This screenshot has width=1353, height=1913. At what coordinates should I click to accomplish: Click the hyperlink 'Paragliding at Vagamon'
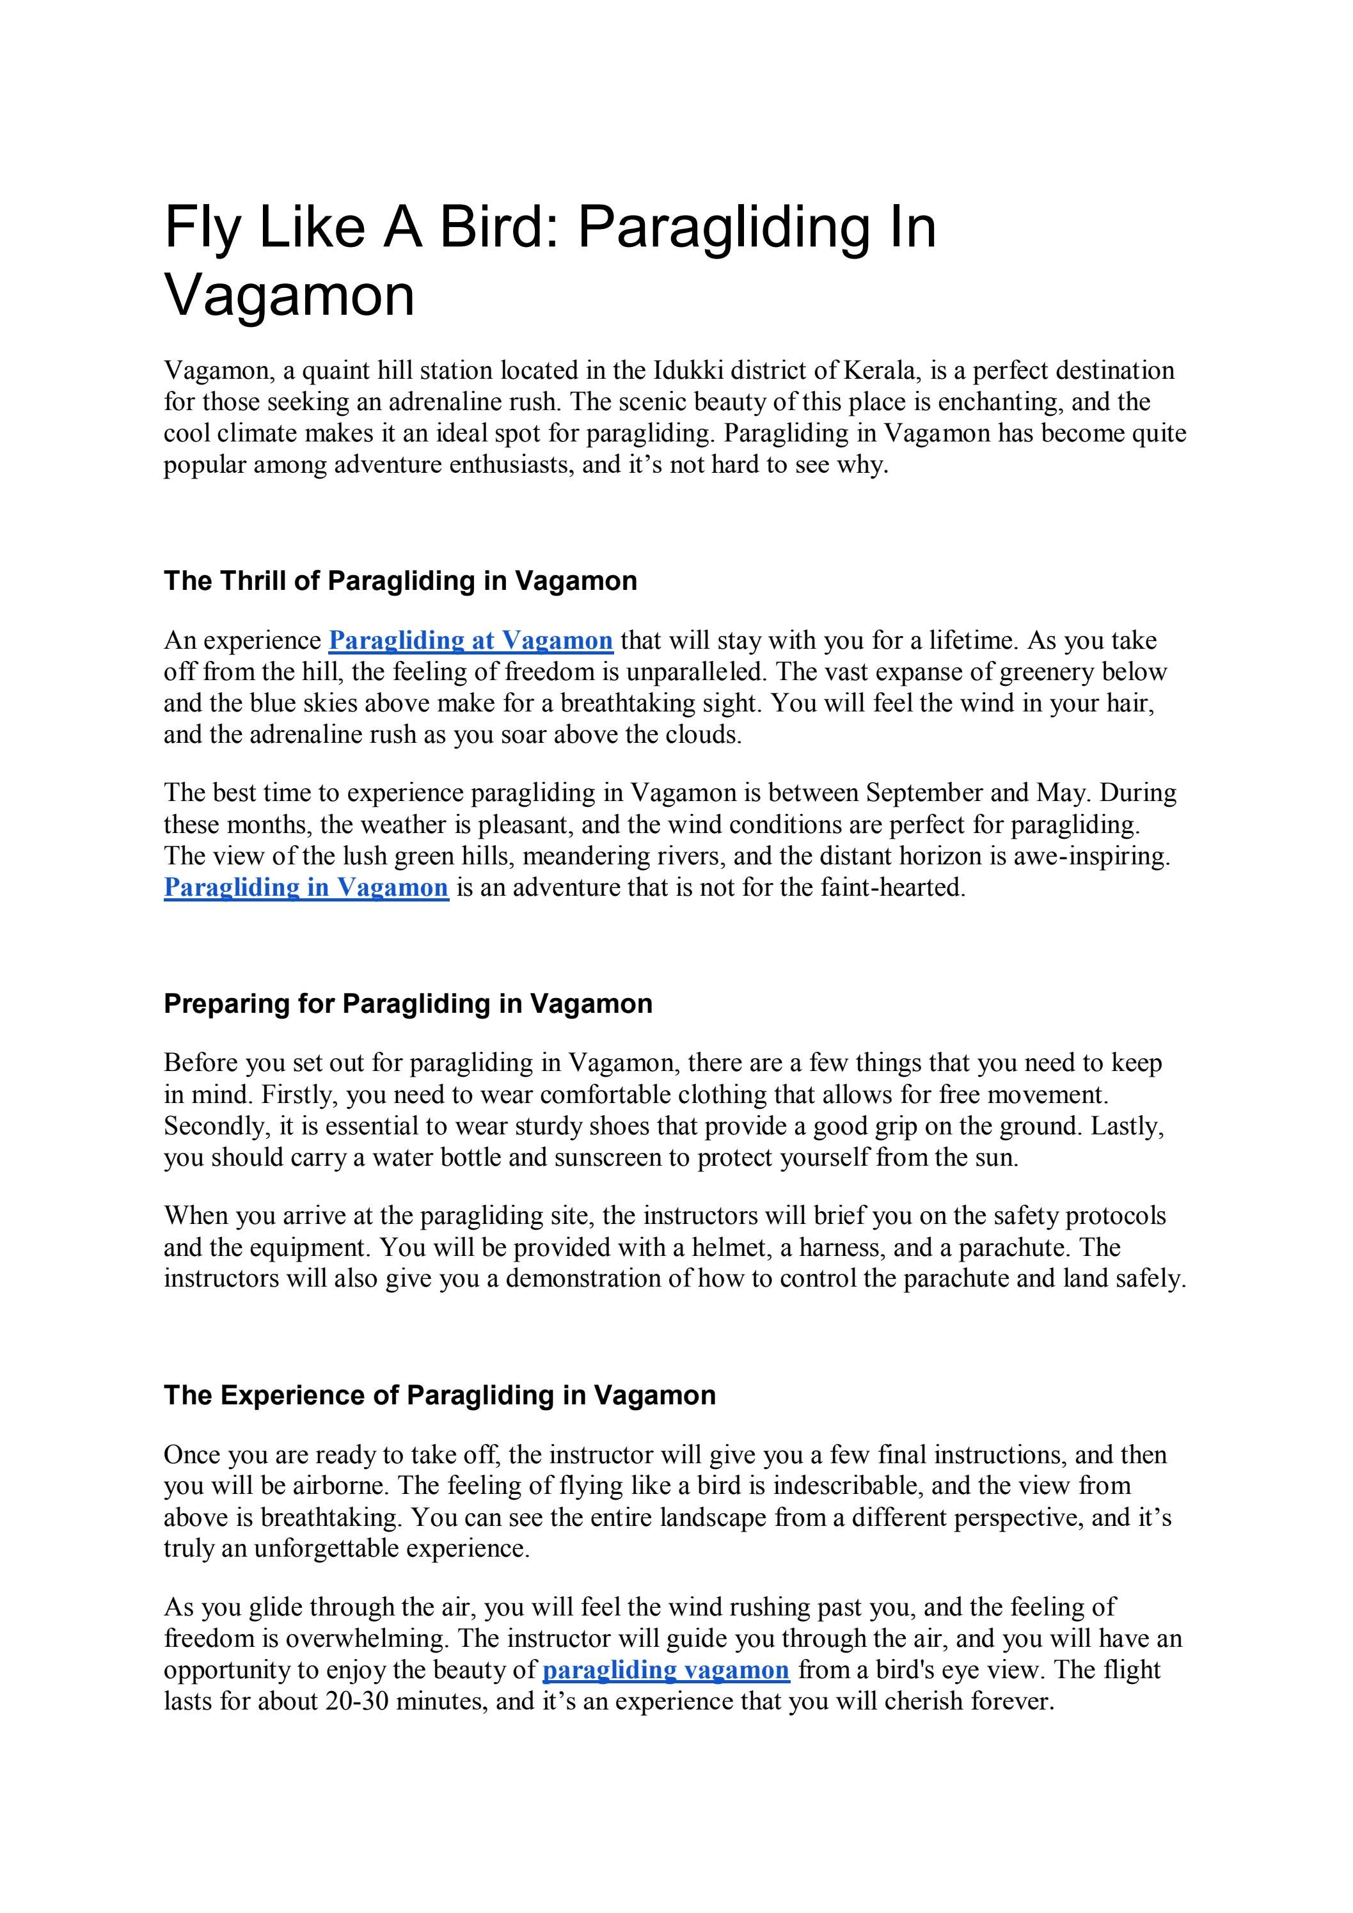[471, 640]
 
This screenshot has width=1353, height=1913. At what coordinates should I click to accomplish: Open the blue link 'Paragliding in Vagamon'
[306, 887]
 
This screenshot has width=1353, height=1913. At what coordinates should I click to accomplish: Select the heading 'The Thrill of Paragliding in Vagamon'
[400, 581]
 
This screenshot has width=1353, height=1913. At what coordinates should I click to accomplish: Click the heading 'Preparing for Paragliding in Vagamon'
[407, 1003]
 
